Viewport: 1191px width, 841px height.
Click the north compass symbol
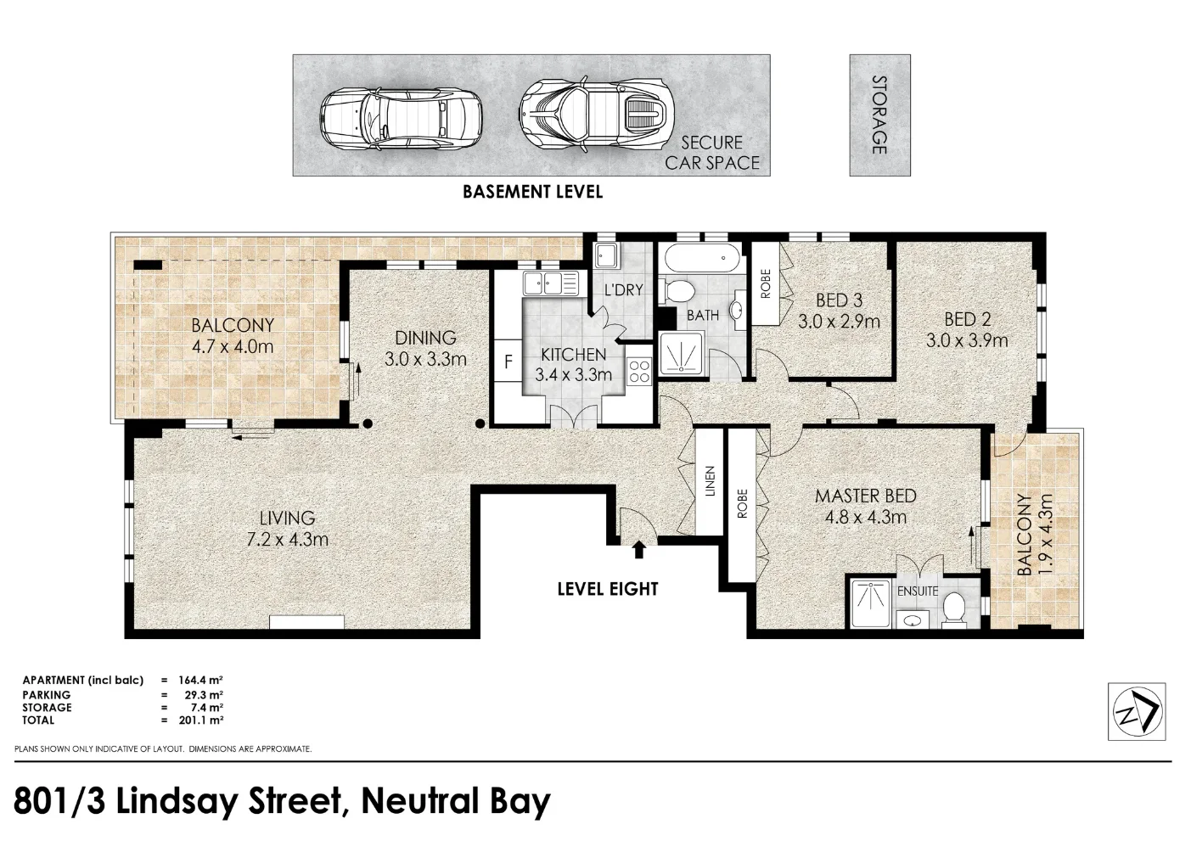coord(1137,711)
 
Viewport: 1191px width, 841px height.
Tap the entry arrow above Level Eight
coord(639,551)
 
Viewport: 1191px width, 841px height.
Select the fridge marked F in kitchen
coord(508,362)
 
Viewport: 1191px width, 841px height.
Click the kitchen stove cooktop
coord(638,371)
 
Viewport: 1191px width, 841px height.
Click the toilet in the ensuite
coord(954,608)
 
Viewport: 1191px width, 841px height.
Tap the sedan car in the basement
coord(401,117)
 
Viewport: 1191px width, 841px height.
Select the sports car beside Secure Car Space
coord(596,115)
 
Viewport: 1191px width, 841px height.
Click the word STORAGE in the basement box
coord(879,115)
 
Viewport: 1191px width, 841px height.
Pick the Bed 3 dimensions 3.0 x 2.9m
coord(839,322)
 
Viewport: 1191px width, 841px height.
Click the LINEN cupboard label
coord(711,481)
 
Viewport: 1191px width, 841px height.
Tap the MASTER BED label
coord(865,496)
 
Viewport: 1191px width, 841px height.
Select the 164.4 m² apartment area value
coord(200,680)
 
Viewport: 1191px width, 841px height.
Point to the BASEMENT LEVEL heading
coord(532,192)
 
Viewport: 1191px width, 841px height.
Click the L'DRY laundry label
coord(623,289)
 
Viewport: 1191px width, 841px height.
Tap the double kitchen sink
coord(550,283)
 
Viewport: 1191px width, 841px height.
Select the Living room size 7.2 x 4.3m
coord(287,539)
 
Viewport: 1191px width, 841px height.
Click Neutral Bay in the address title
coord(456,801)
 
